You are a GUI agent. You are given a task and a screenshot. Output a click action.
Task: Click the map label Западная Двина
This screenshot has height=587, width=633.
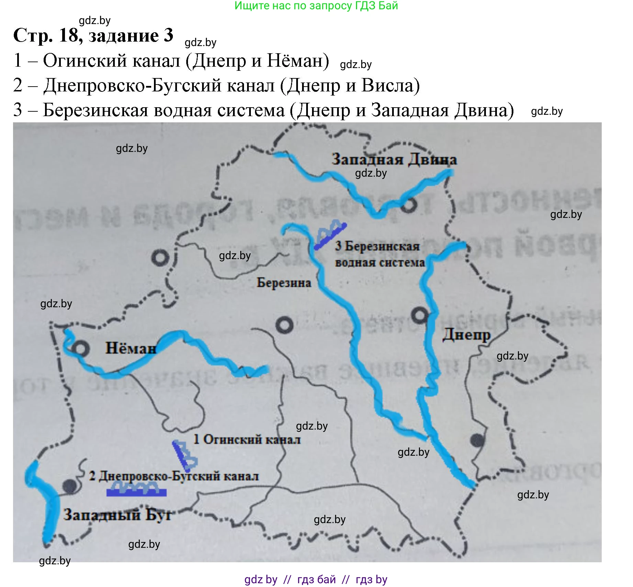pos(394,159)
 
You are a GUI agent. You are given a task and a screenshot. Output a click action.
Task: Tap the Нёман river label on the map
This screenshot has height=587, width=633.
pos(131,348)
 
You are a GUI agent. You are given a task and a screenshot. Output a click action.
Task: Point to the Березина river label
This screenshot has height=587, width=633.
pos(284,283)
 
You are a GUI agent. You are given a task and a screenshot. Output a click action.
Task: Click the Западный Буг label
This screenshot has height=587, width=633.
pos(118,514)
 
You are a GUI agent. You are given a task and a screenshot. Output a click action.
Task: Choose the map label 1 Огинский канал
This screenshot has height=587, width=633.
pos(247,439)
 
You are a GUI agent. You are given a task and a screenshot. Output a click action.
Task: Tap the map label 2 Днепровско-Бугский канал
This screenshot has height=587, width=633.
pos(174,476)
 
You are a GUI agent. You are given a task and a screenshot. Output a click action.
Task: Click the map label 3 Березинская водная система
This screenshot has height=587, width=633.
pos(380,254)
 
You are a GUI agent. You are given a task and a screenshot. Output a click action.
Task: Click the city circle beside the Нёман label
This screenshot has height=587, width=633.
pos(81,349)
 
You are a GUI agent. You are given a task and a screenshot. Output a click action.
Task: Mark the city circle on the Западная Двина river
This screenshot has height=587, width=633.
pos(409,205)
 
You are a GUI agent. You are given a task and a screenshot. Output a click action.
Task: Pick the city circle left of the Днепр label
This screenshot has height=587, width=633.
pos(420,315)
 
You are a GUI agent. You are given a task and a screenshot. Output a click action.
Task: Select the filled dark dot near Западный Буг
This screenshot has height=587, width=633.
pos(70,486)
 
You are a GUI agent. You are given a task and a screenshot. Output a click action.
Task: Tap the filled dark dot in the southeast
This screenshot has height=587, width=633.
pos(477,440)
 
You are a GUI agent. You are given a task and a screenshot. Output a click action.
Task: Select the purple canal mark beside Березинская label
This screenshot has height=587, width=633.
pos(331,235)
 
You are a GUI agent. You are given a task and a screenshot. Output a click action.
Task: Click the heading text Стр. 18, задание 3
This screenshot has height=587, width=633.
pos(93,35)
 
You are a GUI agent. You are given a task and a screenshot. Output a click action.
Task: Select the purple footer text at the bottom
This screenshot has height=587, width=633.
pos(316,579)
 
